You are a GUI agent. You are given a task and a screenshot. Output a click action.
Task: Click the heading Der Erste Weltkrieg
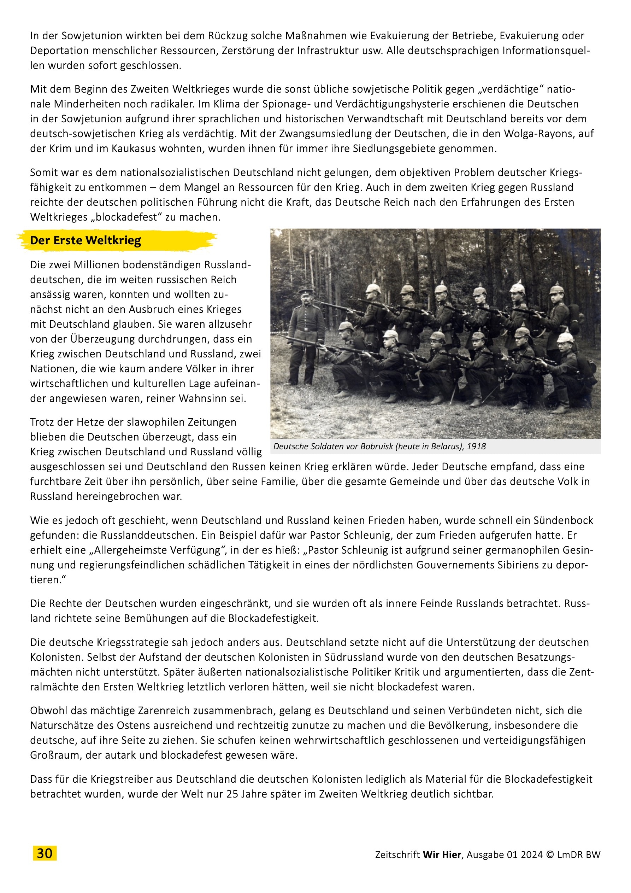tap(85, 240)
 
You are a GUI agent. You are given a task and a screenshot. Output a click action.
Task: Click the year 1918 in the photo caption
tap(476, 446)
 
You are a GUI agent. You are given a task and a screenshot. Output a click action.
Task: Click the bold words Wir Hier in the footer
tap(442, 854)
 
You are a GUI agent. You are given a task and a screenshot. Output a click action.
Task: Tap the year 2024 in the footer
tap(531, 854)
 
